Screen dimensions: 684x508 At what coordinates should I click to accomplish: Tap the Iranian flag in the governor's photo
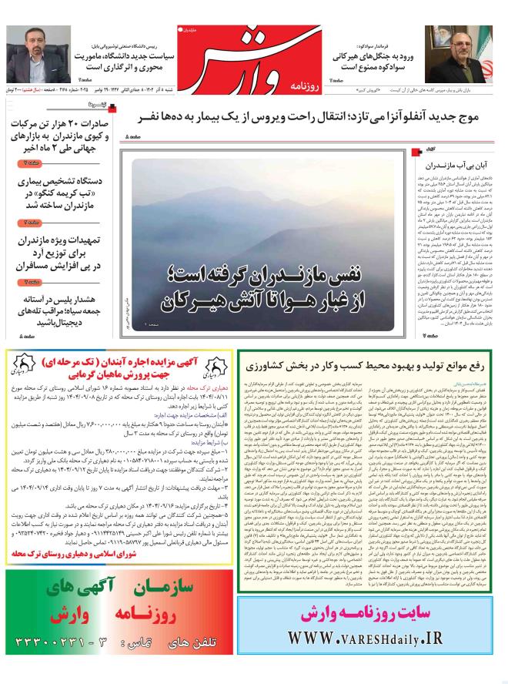pyautogui.click(x=484, y=46)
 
